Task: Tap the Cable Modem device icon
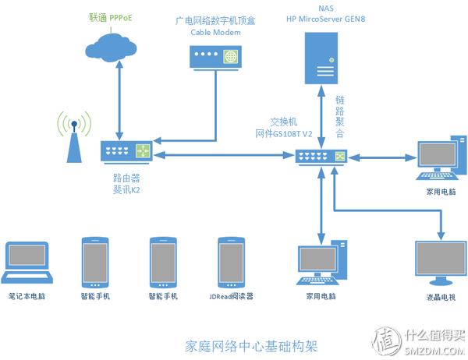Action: click(213, 57)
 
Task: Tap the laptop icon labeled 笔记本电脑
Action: click(28, 263)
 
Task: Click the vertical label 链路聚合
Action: click(340, 117)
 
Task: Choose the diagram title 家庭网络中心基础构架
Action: click(253, 344)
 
